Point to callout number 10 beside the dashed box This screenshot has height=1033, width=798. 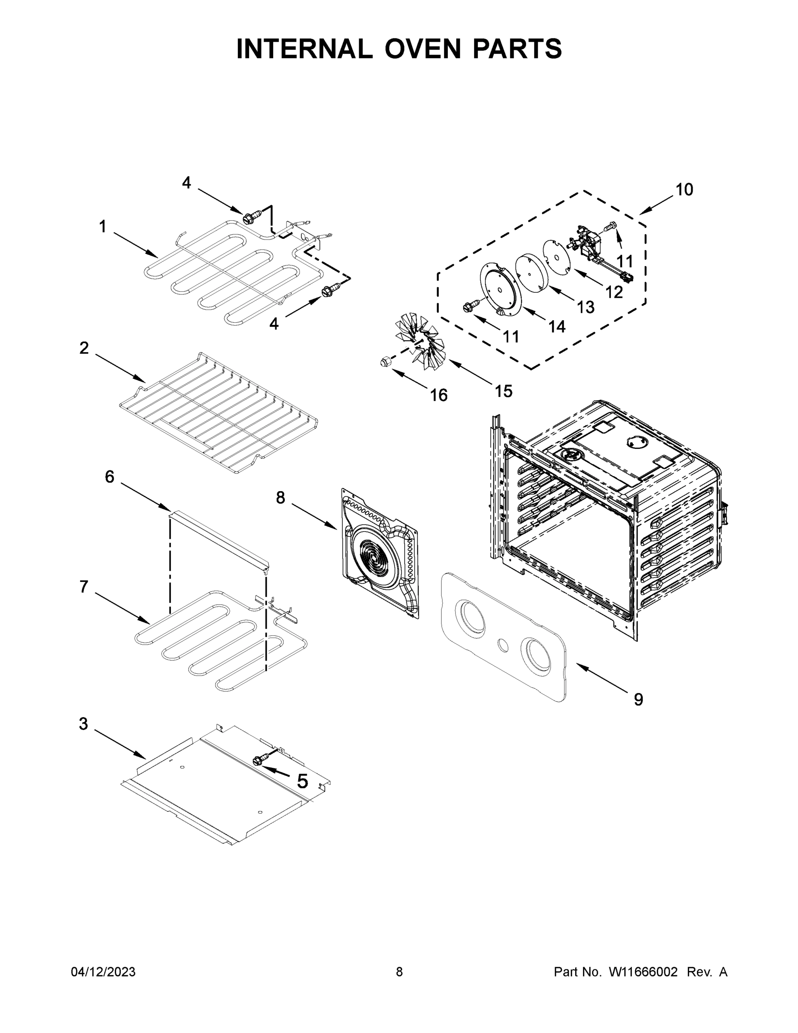point(684,189)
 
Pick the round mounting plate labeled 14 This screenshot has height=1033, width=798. point(501,288)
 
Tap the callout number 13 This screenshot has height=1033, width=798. point(585,307)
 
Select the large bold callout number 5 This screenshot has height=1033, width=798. point(302,781)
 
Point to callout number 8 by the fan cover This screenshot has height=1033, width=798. point(280,497)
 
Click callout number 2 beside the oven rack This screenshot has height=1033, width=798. point(84,348)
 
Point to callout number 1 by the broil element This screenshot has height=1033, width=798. point(102,226)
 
